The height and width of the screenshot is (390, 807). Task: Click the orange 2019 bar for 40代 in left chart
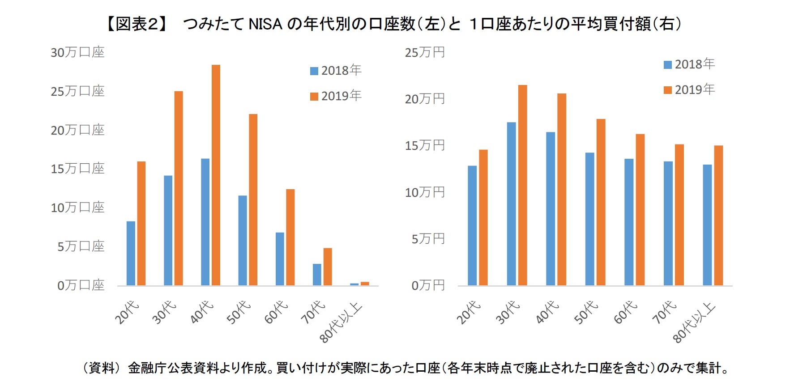point(216,175)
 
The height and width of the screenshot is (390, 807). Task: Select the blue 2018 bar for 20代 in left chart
point(131,253)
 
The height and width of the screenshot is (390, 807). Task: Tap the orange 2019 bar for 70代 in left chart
point(328,267)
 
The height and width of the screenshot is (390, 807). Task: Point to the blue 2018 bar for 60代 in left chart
point(280,259)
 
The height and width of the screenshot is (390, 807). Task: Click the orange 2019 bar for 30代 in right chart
point(522,185)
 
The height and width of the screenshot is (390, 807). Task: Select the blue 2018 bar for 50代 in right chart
point(589,219)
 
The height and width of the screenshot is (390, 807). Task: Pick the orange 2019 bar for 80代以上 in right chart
point(718,216)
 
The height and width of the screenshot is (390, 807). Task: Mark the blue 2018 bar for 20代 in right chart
point(472,225)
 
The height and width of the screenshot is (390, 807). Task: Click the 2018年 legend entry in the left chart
point(336,70)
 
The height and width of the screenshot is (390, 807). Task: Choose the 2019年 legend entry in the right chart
point(689,89)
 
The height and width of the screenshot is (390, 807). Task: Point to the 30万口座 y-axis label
point(77,52)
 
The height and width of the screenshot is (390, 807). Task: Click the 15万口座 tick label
point(77,169)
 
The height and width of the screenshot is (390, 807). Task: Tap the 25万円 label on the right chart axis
point(425,52)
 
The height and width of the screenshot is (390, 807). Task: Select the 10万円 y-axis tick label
point(425,192)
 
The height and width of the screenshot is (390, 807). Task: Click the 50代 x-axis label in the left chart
point(238,312)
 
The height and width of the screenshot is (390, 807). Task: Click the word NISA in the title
point(265,24)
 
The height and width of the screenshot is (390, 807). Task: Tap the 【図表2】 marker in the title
point(137,24)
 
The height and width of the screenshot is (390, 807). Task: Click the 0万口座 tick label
point(81,285)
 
